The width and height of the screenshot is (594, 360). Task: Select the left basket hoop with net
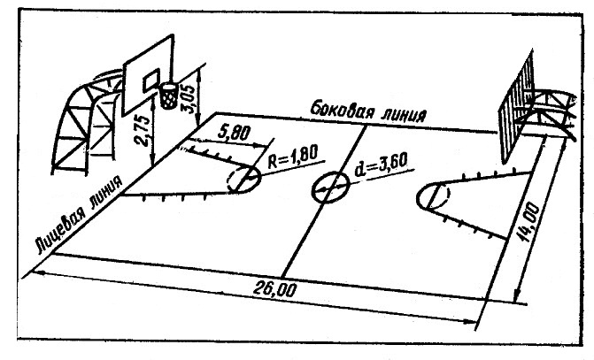(168, 92)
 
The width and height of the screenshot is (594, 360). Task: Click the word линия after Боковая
(403, 116)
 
